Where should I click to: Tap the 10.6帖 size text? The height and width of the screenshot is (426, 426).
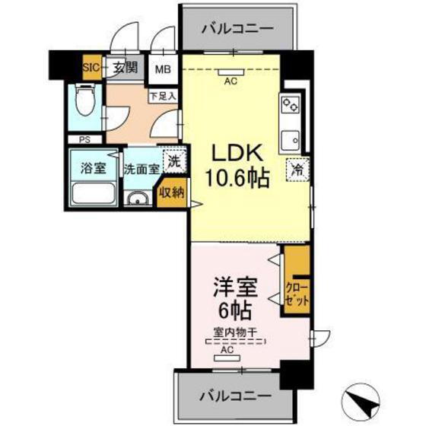coord(237,180)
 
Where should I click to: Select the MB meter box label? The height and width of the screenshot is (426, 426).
coord(164,69)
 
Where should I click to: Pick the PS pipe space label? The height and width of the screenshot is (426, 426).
coord(84,139)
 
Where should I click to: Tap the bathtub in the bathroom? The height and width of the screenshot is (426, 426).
coord(92,195)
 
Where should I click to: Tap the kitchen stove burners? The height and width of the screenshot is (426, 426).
coord(289,106)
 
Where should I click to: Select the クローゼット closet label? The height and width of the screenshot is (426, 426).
coord(297,293)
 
